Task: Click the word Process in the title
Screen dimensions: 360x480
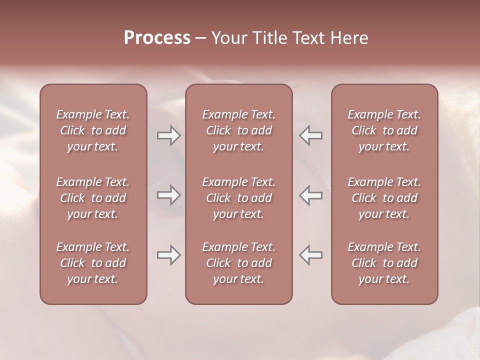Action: pyautogui.click(x=157, y=38)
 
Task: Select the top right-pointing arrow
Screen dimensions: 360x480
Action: pyautogui.click(x=168, y=135)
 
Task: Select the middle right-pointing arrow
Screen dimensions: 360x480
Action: pyautogui.click(x=168, y=195)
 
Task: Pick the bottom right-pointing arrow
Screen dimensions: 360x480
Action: pyautogui.click(x=168, y=255)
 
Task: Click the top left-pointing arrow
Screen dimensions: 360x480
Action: pyautogui.click(x=310, y=135)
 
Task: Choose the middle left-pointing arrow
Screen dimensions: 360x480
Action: pyautogui.click(x=310, y=195)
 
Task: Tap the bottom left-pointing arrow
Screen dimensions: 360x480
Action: pyautogui.click(x=310, y=255)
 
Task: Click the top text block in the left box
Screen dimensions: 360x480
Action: pyautogui.click(x=93, y=130)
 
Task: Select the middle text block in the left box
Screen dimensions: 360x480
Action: pyautogui.click(x=93, y=198)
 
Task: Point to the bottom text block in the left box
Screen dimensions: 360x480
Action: pyautogui.click(x=93, y=263)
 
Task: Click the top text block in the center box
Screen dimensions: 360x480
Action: pyautogui.click(x=239, y=130)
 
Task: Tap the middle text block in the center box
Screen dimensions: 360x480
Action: pyautogui.click(x=239, y=198)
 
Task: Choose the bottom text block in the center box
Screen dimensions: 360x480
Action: pyautogui.click(x=239, y=263)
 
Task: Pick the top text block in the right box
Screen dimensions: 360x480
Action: pyautogui.click(x=384, y=130)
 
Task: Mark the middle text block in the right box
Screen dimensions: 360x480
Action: pyautogui.click(x=384, y=198)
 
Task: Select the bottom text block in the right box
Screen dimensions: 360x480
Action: pyautogui.click(x=384, y=263)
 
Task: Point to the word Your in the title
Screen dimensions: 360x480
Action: pyautogui.click(x=229, y=38)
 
